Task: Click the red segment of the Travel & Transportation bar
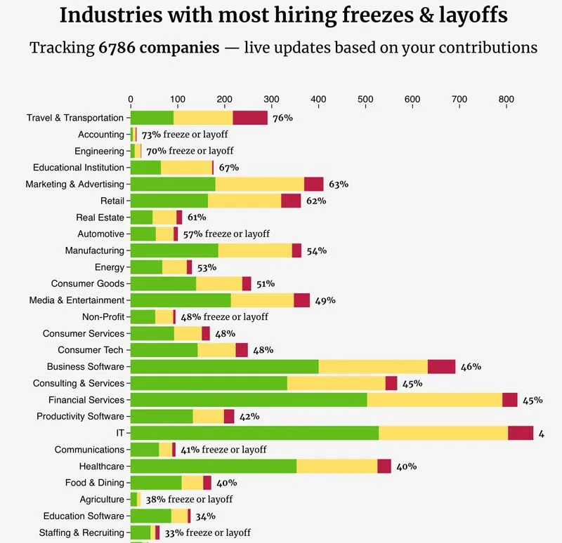(250, 118)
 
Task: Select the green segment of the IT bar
(254, 433)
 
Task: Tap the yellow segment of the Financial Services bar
(434, 400)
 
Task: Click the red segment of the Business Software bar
(441, 366)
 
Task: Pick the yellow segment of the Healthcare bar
(336, 466)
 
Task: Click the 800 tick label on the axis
(506, 99)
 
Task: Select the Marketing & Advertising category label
(74, 185)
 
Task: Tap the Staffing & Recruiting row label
(81, 532)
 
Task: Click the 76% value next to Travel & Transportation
(282, 118)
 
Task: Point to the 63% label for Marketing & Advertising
(339, 185)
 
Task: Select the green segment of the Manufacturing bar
(174, 250)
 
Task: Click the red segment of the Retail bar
(291, 201)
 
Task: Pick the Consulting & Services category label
(79, 383)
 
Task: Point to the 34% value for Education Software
(206, 516)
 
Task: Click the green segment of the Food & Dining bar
(156, 483)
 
